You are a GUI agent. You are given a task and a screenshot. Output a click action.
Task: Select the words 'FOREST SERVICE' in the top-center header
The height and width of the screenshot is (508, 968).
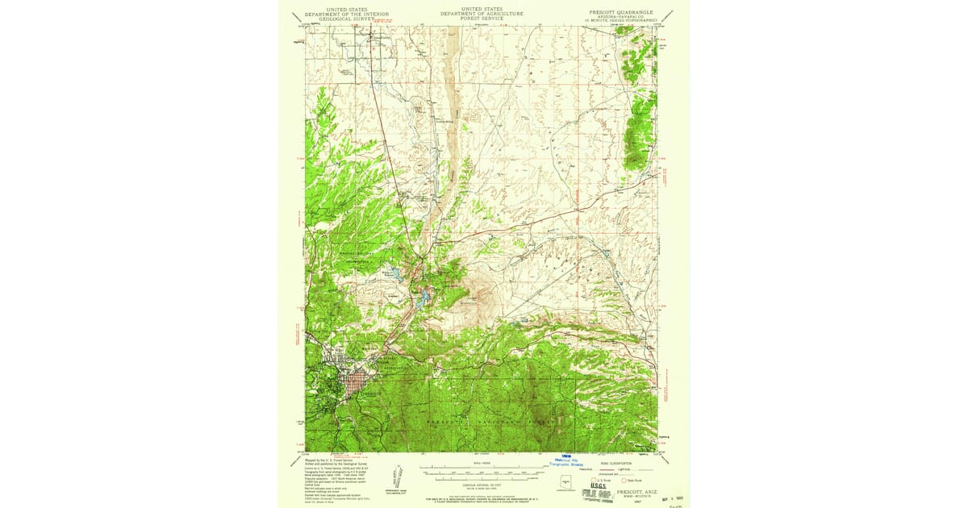[x=482, y=18]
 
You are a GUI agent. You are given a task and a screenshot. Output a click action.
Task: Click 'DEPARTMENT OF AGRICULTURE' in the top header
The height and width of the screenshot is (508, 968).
[x=482, y=14]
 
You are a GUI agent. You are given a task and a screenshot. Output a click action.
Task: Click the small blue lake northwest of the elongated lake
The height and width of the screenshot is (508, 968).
[x=397, y=273]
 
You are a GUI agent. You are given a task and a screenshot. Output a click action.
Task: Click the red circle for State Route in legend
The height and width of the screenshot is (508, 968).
[x=622, y=480]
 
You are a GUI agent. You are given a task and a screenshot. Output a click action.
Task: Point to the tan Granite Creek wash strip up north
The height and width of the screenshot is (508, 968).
[x=450, y=81]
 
